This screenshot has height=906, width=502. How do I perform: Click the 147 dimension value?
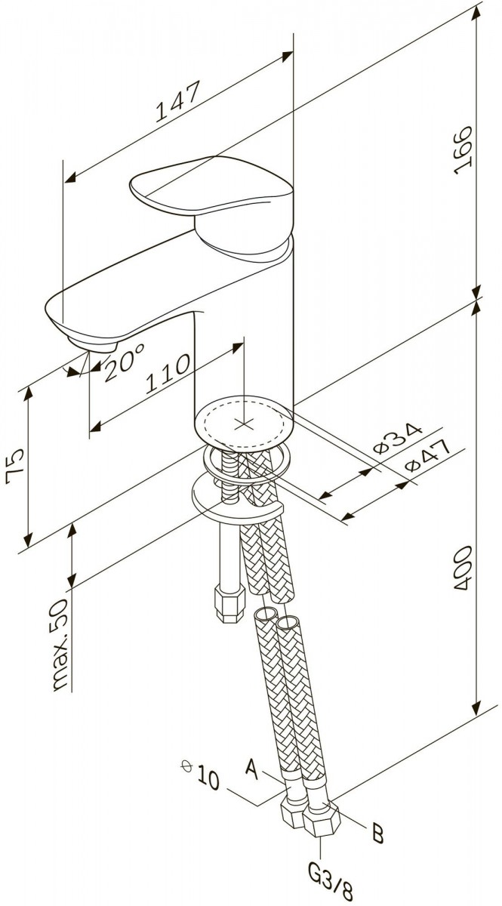coord(178,101)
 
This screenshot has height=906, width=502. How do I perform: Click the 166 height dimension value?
coord(464,150)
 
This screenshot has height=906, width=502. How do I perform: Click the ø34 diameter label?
coord(396,439)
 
